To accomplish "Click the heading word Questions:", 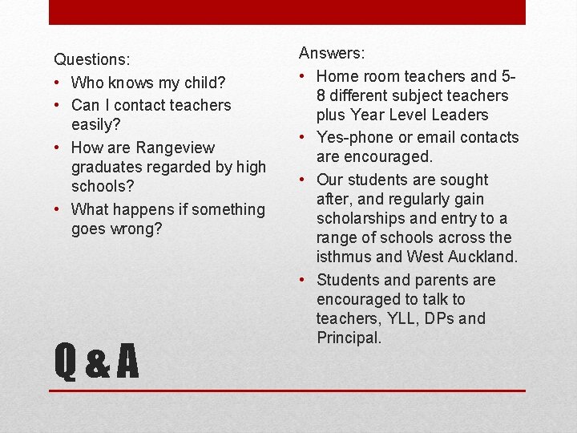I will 92,59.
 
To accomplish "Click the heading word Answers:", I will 332,53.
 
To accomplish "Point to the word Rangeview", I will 176,148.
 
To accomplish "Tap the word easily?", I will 96,124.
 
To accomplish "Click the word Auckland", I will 484,257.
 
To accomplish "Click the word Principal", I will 348,338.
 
